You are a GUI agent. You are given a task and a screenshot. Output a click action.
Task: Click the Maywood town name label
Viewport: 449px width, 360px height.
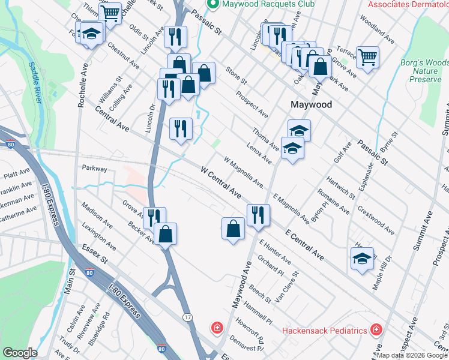click(311, 104)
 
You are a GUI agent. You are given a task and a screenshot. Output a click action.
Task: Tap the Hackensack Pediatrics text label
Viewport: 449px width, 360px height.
click(325, 331)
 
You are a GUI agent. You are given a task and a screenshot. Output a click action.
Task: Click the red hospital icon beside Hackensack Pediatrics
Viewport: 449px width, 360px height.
click(376, 330)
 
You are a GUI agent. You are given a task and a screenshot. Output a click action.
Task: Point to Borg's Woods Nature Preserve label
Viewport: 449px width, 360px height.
click(424, 70)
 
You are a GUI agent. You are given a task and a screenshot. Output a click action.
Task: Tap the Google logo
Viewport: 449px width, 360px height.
click(20, 353)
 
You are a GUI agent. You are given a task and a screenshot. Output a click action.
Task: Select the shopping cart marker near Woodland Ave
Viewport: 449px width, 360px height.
click(368, 58)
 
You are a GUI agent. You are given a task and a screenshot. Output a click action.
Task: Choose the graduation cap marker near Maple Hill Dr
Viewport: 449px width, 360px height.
click(362, 259)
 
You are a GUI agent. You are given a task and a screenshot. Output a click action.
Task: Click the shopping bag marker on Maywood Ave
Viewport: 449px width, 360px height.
click(233, 229)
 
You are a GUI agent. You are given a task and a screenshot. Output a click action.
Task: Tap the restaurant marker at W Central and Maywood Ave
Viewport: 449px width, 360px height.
click(258, 215)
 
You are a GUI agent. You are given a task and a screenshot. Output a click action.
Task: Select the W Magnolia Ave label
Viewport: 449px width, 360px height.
click(244, 172)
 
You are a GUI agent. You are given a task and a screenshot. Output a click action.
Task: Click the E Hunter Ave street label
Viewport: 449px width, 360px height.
click(275, 252)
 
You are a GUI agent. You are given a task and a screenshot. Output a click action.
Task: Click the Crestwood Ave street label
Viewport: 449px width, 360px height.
click(375, 221)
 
